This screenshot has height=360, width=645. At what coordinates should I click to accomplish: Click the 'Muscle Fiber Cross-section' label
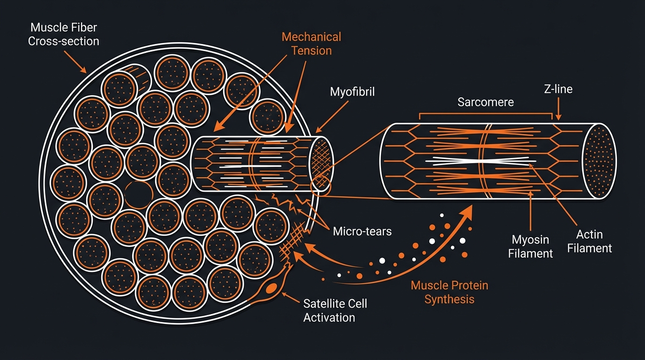tap(64, 35)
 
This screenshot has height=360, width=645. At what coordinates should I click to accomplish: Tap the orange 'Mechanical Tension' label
tap(311, 43)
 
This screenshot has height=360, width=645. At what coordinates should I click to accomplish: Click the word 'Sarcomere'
tap(485, 102)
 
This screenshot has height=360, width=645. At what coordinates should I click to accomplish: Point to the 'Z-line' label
tap(559, 89)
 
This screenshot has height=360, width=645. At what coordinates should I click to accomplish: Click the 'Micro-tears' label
tap(362, 231)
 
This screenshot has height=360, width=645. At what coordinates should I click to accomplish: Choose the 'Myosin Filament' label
tap(530, 247)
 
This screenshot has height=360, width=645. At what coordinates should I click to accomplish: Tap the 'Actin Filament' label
tap(589, 241)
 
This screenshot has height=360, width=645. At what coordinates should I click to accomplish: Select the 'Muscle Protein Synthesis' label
tap(449, 292)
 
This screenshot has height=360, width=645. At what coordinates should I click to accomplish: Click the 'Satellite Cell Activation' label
tap(335, 310)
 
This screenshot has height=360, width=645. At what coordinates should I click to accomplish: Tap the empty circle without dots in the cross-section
tap(139, 195)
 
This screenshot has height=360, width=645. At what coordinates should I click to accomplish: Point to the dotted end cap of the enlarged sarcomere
tap(599, 161)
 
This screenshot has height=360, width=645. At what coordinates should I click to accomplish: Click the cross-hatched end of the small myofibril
tap(322, 164)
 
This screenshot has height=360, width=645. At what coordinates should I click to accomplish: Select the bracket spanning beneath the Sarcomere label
tap(485, 113)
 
